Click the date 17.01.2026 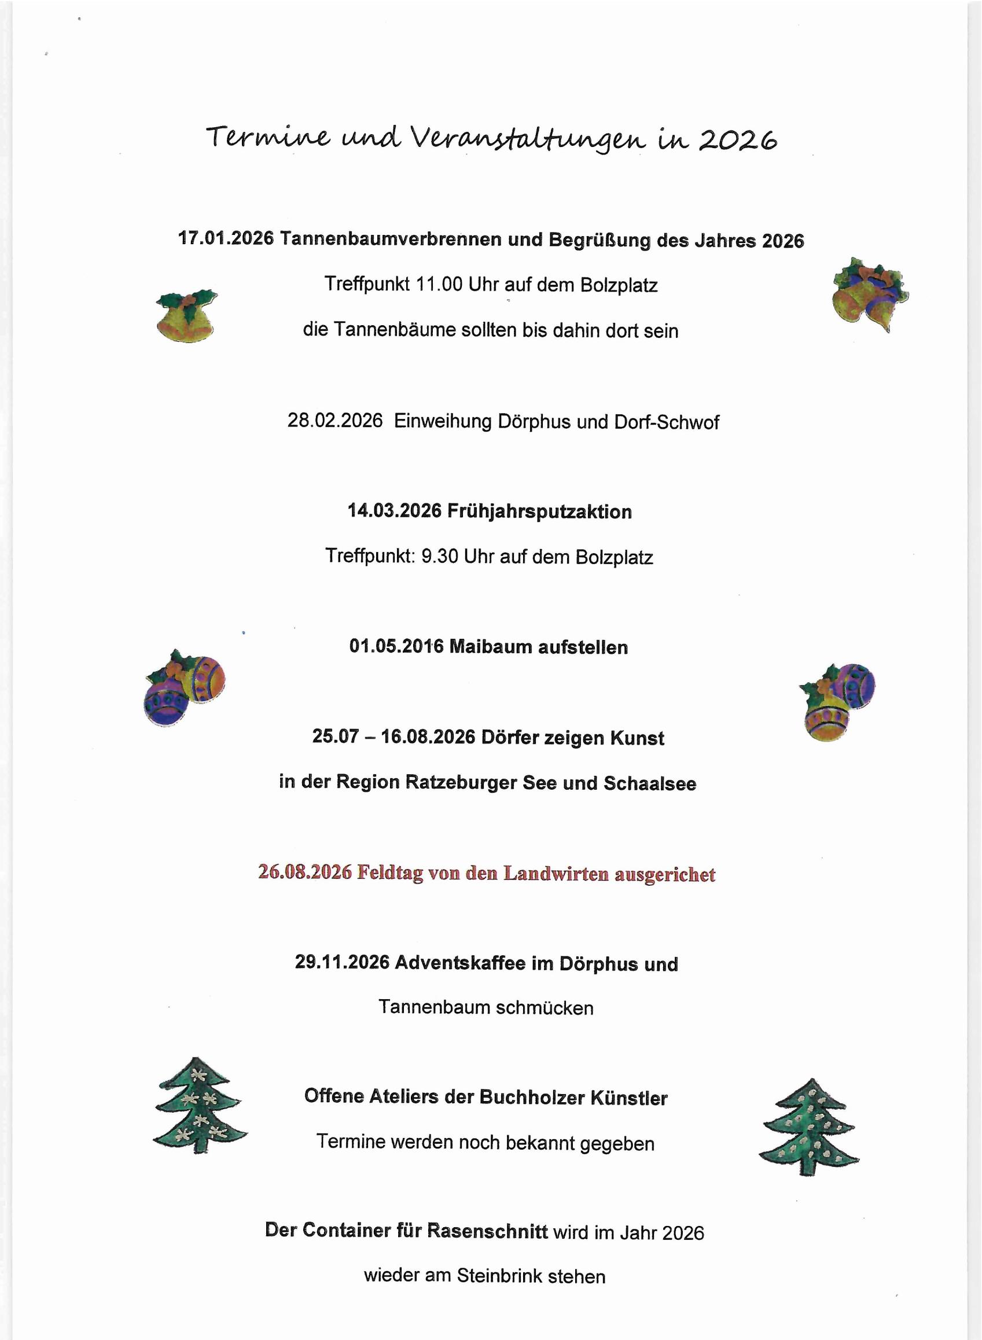click(x=226, y=239)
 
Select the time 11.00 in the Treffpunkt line click(x=439, y=285)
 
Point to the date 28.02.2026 click(x=335, y=421)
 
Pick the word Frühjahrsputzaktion click(x=539, y=511)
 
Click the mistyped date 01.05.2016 click(x=396, y=646)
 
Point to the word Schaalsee click(x=650, y=783)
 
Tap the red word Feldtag click(x=390, y=873)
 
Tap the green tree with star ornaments click(x=200, y=1105)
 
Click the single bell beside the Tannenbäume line click(x=187, y=316)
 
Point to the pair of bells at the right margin click(x=870, y=293)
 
